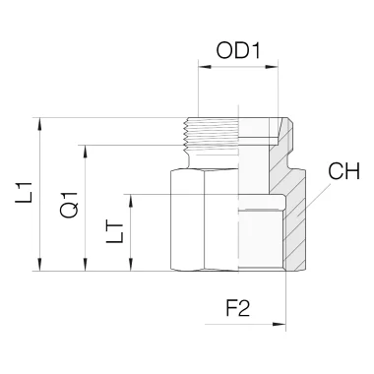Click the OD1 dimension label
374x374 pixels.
click(238, 51)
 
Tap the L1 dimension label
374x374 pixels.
click(24, 192)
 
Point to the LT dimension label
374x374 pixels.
click(114, 233)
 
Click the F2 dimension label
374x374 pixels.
click(238, 308)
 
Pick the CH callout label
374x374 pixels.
click(344, 171)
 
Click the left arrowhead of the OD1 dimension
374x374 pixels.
click(205, 67)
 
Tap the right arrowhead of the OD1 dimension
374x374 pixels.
click(272, 67)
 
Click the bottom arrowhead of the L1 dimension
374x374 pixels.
click(40, 265)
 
